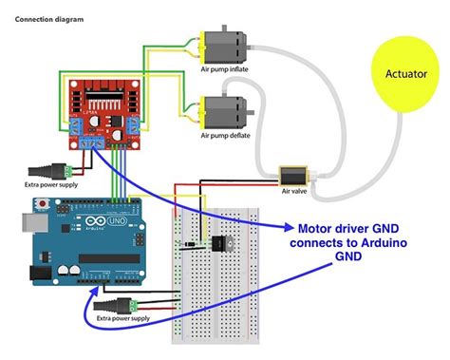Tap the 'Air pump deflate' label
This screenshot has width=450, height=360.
[x=226, y=134]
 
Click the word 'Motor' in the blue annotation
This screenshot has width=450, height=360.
[x=315, y=229]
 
